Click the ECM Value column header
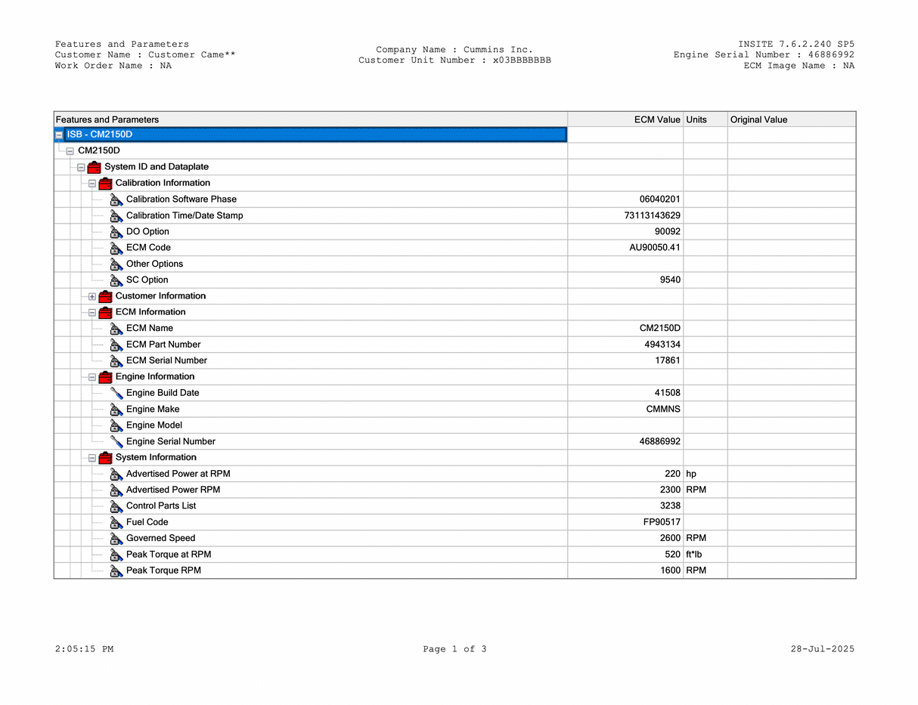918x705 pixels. [x=656, y=119]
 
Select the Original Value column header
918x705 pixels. [x=758, y=119]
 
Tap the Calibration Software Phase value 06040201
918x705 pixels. [x=659, y=199]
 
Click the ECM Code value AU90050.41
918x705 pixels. [x=655, y=248]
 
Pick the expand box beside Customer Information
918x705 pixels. [x=92, y=296]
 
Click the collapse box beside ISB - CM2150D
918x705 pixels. [x=59, y=135]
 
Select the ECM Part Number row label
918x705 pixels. [x=163, y=345]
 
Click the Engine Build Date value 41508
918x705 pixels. [x=667, y=393]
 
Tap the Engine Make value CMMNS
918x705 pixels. [x=663, y=410]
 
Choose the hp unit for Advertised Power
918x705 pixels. [x=691, y=474]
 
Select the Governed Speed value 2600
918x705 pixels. [x=670, y=538]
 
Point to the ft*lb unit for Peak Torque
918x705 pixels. [x=693, y=555]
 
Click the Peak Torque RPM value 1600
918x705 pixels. [x=670, y=570]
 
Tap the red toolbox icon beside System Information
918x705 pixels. [x=105, y=458]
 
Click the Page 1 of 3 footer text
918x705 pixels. [x=454, y=649]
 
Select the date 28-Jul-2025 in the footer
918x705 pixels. [x=822, y=649]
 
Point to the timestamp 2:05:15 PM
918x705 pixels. [x=84, y=649]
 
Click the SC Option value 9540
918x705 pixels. [x=670, y=280]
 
